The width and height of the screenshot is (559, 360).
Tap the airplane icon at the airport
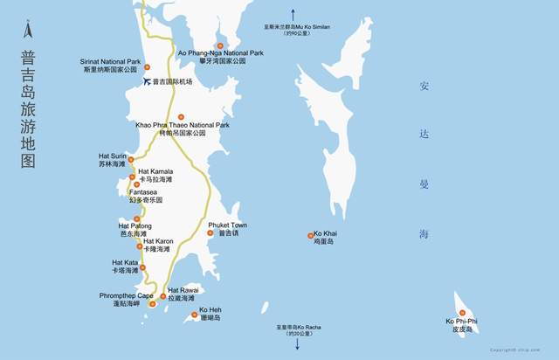tap(146, 82)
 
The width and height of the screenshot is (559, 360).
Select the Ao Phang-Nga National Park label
tap(220, 57)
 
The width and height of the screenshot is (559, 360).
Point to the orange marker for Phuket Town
tap(210, 232)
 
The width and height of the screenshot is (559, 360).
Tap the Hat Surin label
tap(113, 160)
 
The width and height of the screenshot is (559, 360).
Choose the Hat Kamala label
tap(155, 175)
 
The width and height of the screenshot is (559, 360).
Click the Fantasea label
tap(144, 196)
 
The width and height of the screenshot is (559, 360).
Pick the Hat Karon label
tap(158, 245)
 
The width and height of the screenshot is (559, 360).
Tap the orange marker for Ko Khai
tap(310, 235)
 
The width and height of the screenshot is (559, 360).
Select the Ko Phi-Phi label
tap(462, 325)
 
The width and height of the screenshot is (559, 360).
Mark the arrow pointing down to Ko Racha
tap(296, 343)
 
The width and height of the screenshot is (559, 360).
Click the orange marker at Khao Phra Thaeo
tap(182, 117)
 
